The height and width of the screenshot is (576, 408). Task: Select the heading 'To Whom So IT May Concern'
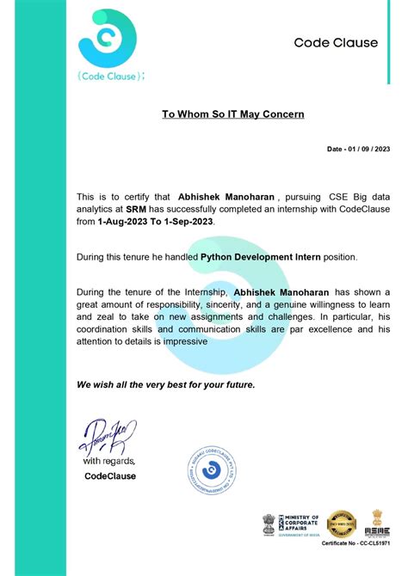(x=232, y=113)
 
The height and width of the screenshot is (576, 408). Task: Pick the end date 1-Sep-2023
(x=186, y=221)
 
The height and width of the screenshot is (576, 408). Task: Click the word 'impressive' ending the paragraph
(x=181, y=340)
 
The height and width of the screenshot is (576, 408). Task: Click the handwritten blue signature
(x=106, y=438)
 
